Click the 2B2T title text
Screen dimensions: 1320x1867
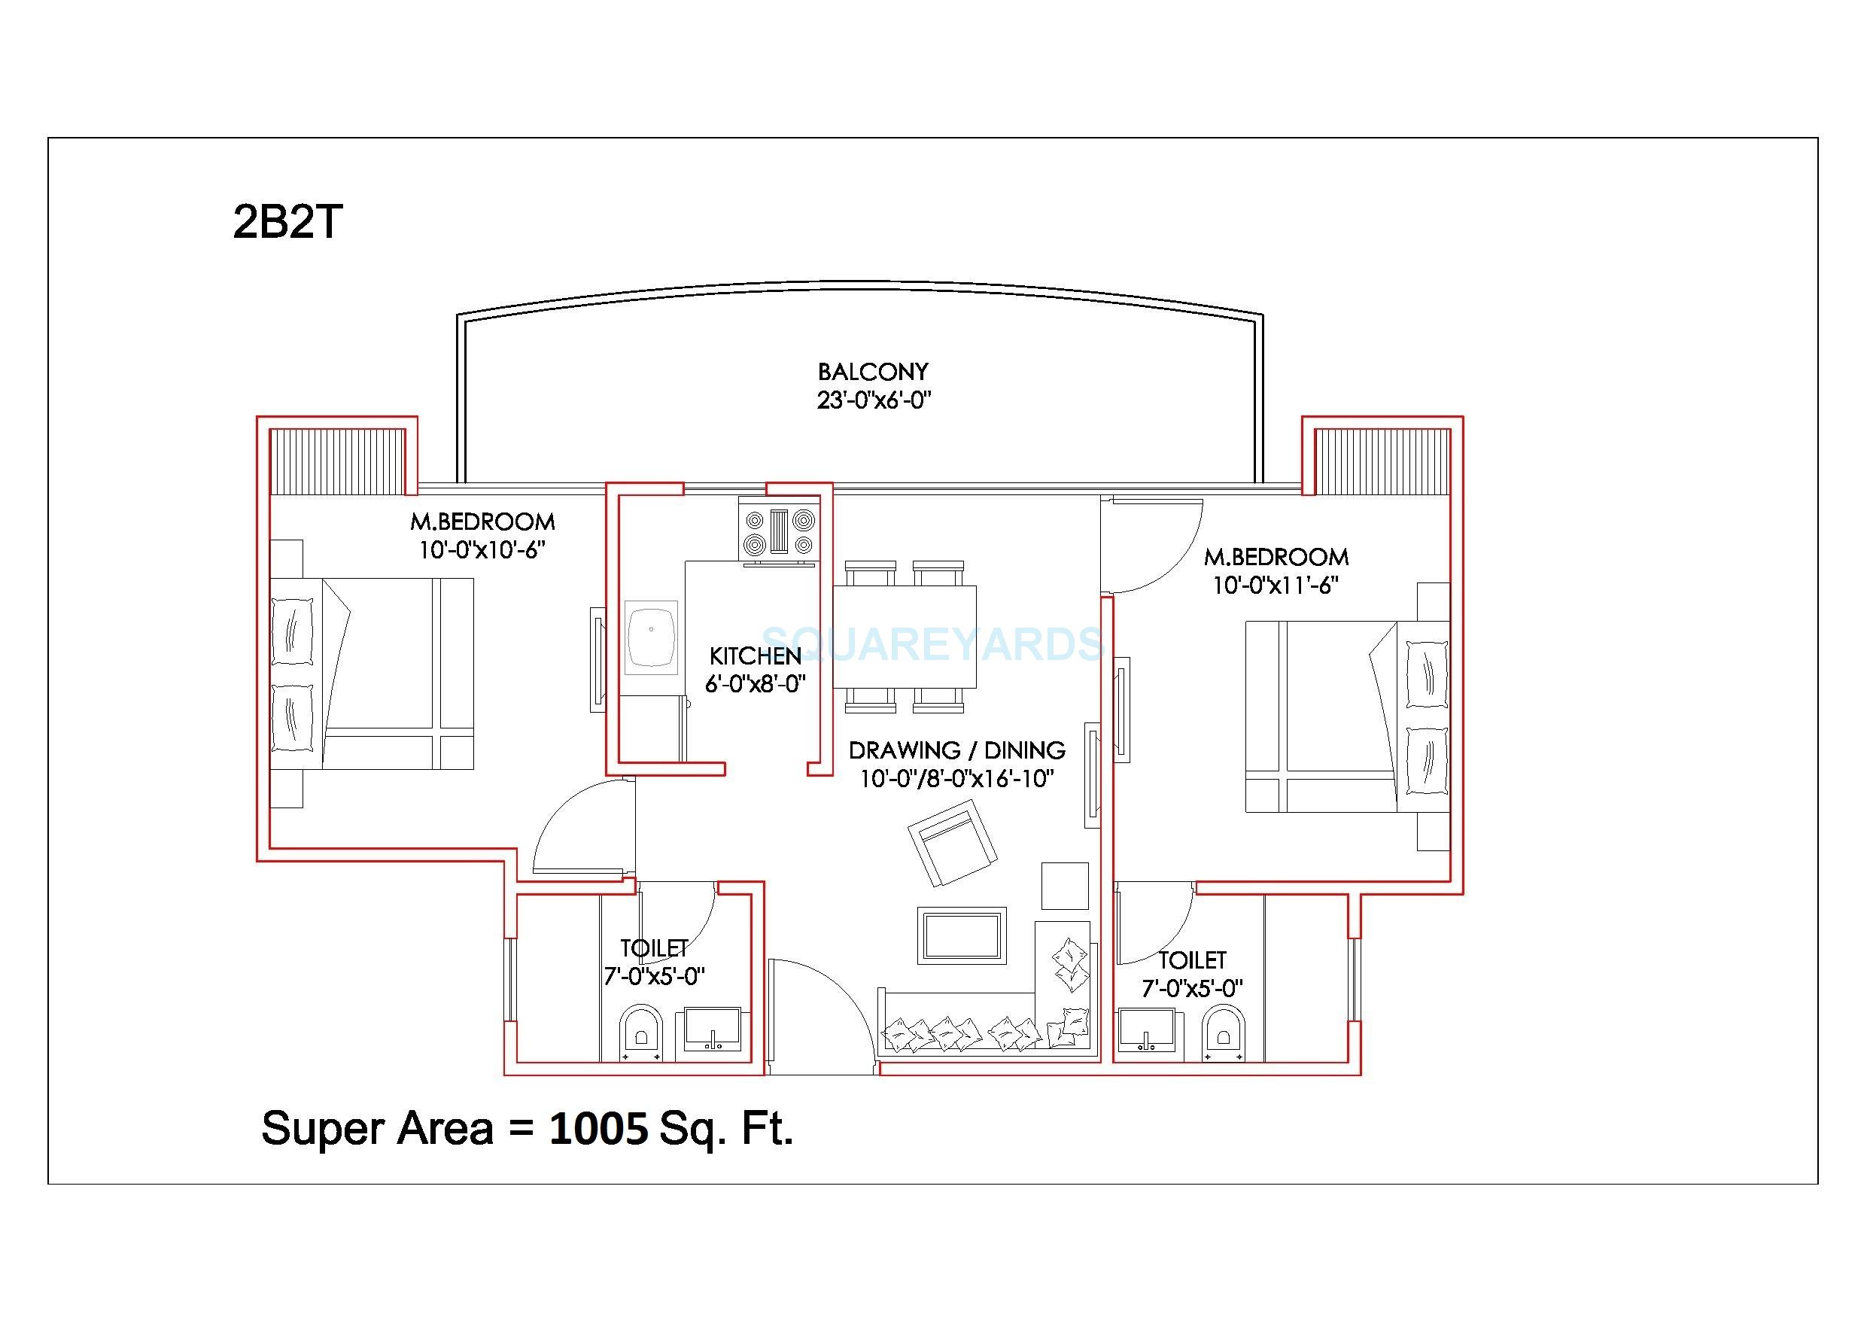point(288,221)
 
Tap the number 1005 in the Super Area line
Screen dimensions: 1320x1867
point(598,1128)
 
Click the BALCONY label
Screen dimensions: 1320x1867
point(872,372)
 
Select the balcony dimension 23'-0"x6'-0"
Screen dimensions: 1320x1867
point(874,400)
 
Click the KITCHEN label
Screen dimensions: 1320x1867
point(755,655)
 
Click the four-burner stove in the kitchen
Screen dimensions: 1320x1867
point(779,531)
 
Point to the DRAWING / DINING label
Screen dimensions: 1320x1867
point(956,750)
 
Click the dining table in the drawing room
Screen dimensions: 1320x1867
point(905,636)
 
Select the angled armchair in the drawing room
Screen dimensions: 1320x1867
point(951,843)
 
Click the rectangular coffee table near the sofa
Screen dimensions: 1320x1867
point(962,935)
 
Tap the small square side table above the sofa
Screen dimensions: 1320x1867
point(1064,886)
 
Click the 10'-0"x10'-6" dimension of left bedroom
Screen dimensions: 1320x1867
point(482,551)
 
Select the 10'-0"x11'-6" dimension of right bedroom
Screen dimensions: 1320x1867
point(1275,585)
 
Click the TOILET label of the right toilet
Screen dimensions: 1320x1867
point(1192,960)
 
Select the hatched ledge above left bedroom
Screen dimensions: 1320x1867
point(336,461)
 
